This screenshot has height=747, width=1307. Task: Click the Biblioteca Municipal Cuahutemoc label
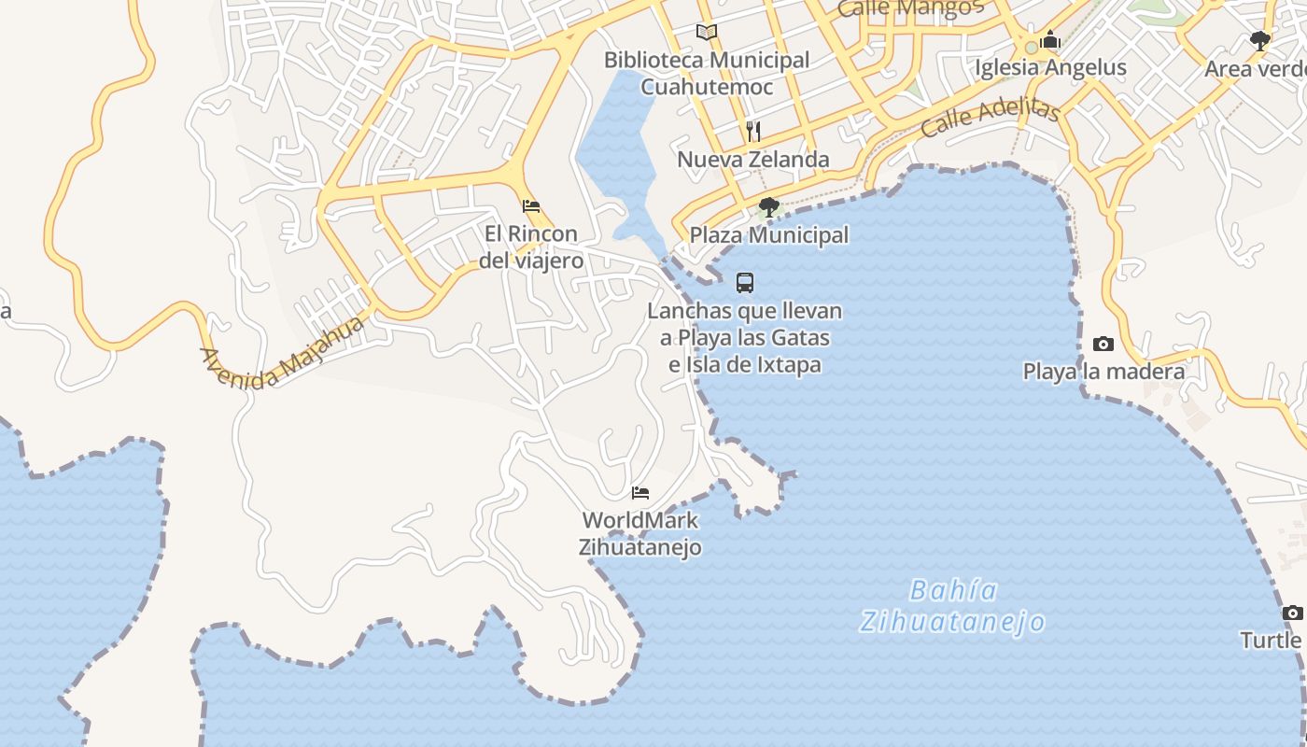(x=707, y=73)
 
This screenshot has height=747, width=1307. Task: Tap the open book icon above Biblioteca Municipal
(x=707, y=33)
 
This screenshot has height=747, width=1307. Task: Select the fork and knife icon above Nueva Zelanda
(x=753, y=131)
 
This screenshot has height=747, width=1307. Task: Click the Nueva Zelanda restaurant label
(x=752, y=159)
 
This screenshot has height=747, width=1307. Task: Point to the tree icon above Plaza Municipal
(x=768, y=206)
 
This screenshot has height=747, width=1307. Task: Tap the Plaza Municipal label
(x=768, y=234)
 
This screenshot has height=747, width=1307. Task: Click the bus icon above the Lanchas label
(x=745, y=282)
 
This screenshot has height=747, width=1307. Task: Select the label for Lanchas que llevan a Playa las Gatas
(x=745, y=337)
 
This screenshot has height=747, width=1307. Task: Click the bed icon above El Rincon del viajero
(x=531, y=205)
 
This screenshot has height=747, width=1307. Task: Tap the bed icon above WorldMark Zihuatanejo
(x=640, y=492)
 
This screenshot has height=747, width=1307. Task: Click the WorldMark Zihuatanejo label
(x=640, y=533)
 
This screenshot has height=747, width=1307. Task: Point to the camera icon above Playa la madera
(x=1103, y=344)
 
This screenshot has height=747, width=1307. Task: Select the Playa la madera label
(x=1103, y=371)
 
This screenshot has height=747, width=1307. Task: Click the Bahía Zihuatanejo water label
(x=952, y=606)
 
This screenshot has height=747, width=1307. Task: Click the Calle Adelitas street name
(x=990, y=119)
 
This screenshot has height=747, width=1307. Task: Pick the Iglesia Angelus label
(x=1050, y=67)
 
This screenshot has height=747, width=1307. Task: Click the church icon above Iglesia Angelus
(x=1050, y=40)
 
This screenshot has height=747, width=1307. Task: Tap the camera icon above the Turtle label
(x=1292, y=613)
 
